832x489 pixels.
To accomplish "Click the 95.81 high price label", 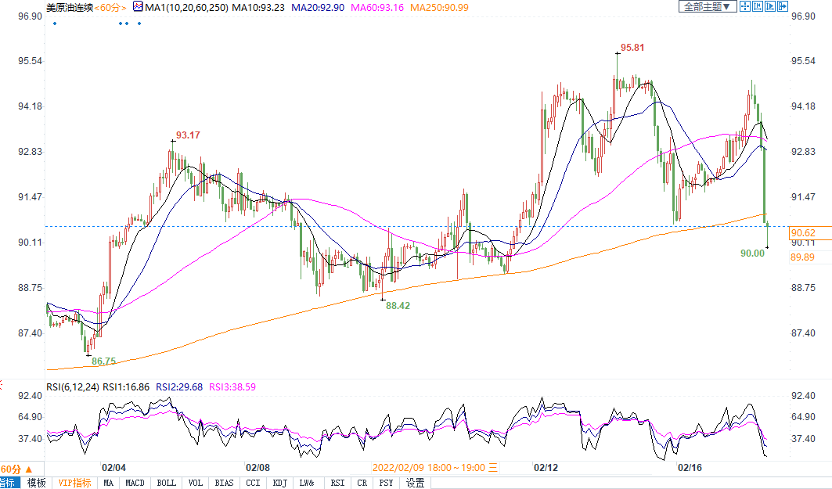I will pyautogui.click(x=632, y=48).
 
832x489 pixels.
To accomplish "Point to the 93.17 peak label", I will pyautogui.click(x=188, y=135).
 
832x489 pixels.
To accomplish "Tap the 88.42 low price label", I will pyautogui.click(x=398, y=306).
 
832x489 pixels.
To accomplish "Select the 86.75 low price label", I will pyautogui.click(x=103, y=361).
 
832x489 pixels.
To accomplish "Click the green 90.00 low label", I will pyautogui.click(x=752, y=253).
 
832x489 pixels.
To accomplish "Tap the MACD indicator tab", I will pyautogui.click(x=135, y=483).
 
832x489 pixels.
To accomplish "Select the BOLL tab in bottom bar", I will pyautogui.click(x=167, y=483).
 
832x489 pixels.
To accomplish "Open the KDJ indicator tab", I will pyautogui.click(x=279, y=483).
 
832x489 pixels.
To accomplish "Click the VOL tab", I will pyautogui.click(x=196, y=483).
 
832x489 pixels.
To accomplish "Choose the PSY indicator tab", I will pyautogui.click(x=387, y=483).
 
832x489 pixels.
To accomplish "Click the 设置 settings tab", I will pyautogui.click(x=415, y=483).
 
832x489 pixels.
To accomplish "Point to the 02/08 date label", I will pyautogui.click(x=258, y=467).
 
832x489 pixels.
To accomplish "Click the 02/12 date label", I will pyautogui.click(x=546, y=467).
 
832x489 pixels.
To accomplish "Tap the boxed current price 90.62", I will pyautogui.click(x=804, y=232).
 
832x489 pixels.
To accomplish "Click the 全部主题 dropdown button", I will pyautogui.click(x=707, y=6).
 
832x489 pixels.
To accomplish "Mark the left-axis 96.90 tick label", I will pyautogui.click(x=30, y=16).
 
